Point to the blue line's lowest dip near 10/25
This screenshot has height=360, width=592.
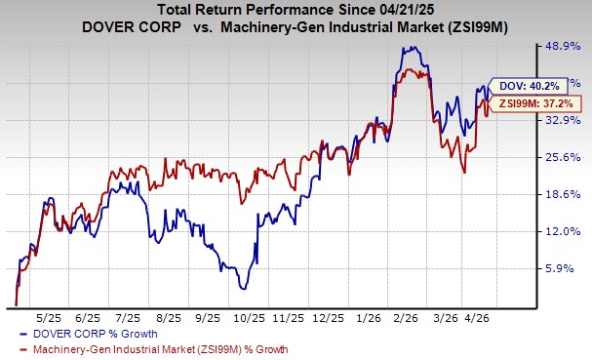tap(245, 289)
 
